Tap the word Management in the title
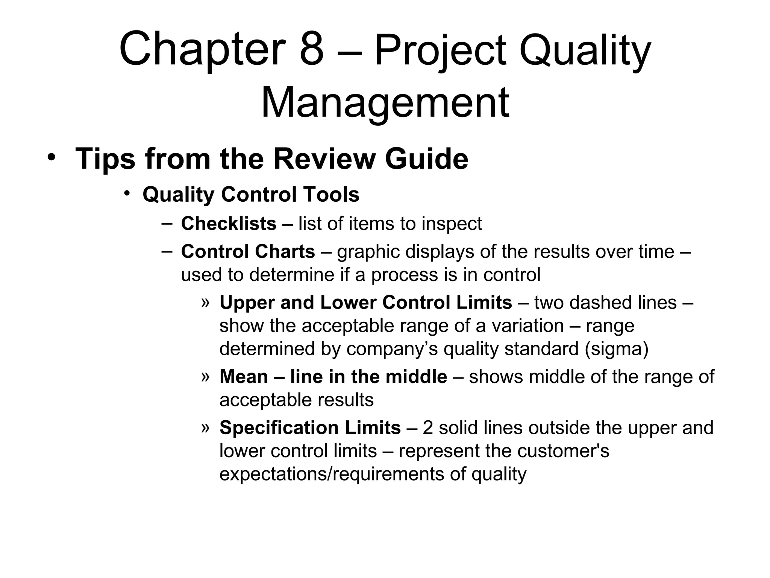[385, 102]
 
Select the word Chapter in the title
[203, 49]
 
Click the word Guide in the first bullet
[426, 159]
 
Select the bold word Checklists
[229, 224]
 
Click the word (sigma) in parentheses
[617, 349]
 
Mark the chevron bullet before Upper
[205, 302]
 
